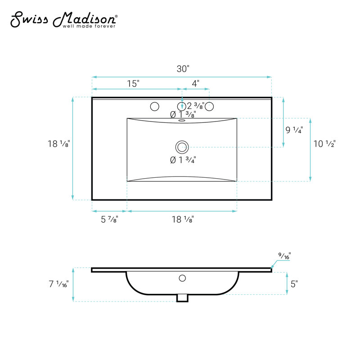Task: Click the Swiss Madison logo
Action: pos(64,19)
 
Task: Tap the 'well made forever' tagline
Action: pos(89,26)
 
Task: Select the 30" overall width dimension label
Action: pos(183,69)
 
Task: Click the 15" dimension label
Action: pos(133,84)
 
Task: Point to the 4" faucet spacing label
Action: pos(195,84)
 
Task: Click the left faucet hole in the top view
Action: pos(154,106)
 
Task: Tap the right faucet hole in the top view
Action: pos(209,106)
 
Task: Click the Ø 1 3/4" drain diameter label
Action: pos(183,160)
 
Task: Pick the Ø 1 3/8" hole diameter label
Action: pos(183,114)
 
